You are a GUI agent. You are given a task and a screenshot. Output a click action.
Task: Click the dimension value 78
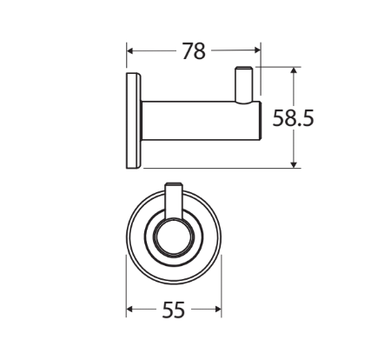[193, 51]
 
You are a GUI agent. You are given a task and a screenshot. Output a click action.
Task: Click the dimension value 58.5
[293, 118]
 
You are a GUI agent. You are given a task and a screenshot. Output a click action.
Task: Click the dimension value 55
[174, 310]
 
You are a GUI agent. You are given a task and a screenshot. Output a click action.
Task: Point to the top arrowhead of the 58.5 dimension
[295, 72]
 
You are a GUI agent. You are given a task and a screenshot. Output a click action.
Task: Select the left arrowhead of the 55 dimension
[131, 310]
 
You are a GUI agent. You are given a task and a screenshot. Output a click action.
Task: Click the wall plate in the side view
[133, 121]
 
